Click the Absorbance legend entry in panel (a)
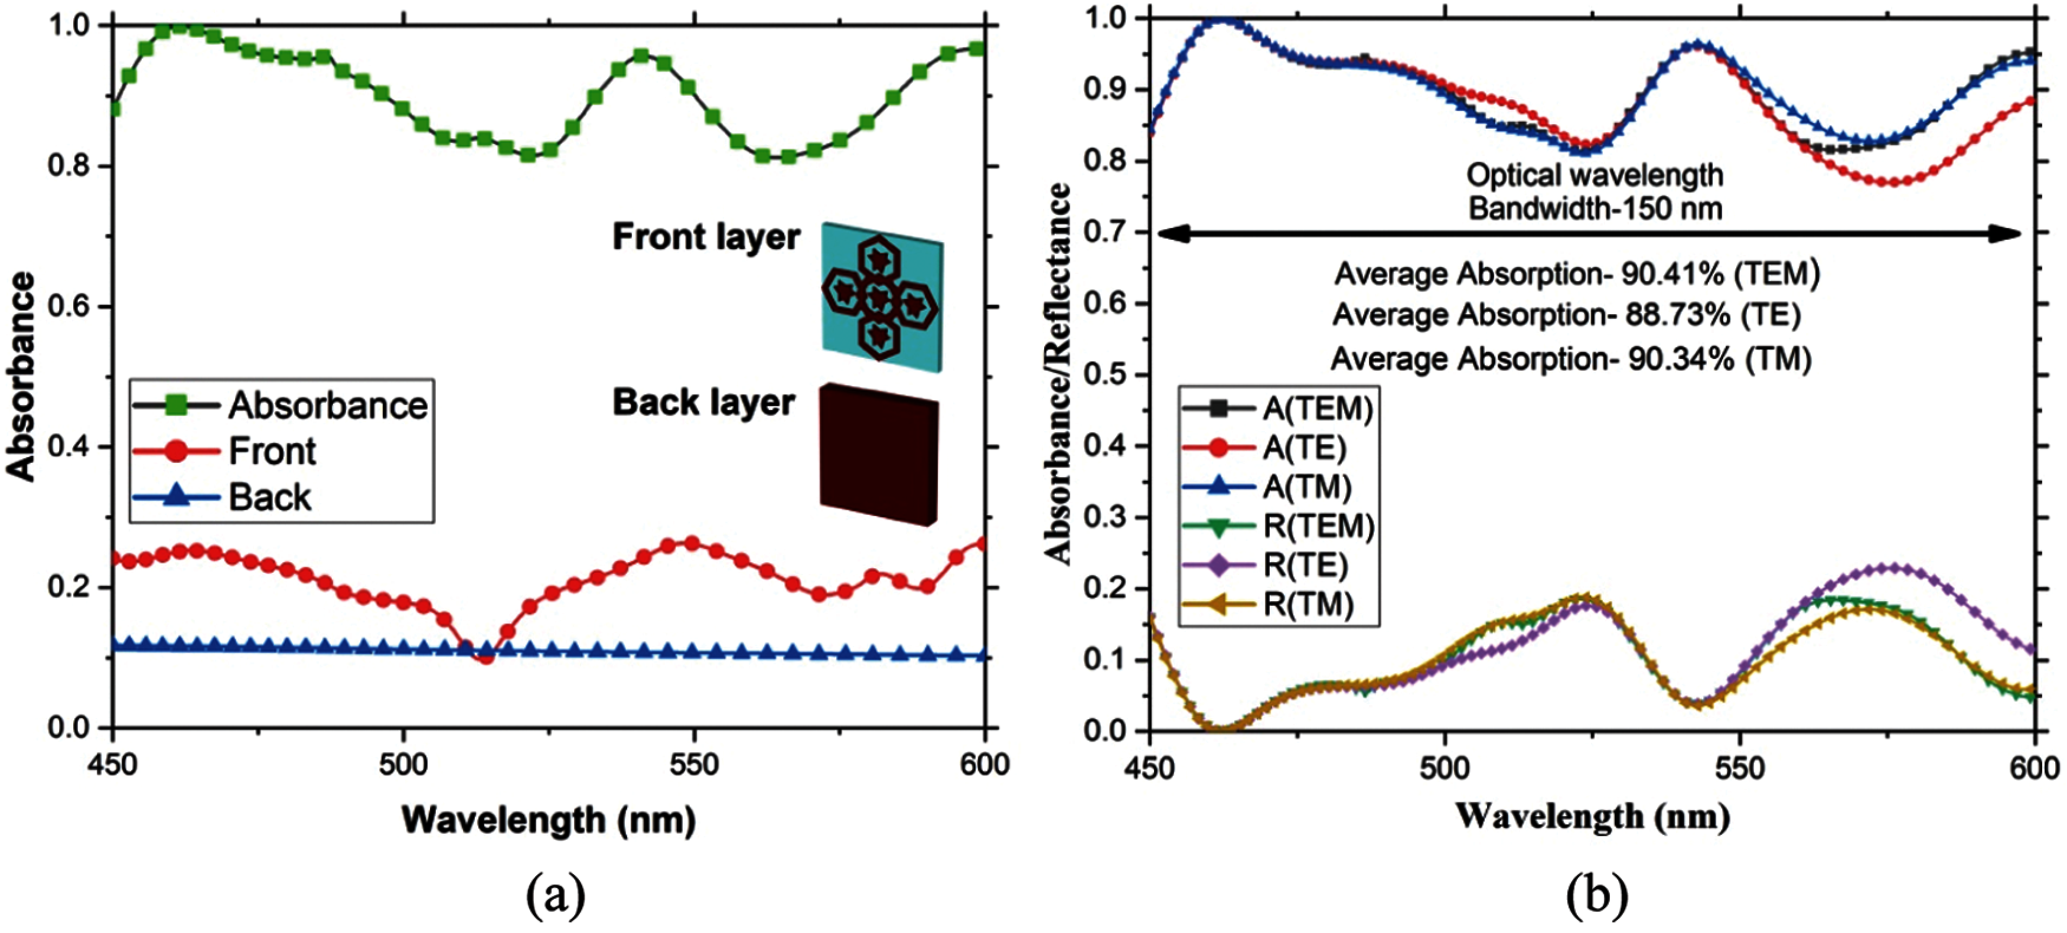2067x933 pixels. [281, 405]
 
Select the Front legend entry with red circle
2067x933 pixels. [224, 451]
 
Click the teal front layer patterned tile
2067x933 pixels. [882, 297]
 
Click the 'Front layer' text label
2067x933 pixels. [706, 237]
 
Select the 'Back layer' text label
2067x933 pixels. [704, 403]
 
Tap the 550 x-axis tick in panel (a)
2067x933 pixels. [693, 765]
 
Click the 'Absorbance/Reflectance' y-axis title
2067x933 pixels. [1058, 373]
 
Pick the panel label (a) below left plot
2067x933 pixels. [555, 896]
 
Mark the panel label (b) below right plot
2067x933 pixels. [1595, 896]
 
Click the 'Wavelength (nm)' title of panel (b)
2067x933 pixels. [1592, 817]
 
